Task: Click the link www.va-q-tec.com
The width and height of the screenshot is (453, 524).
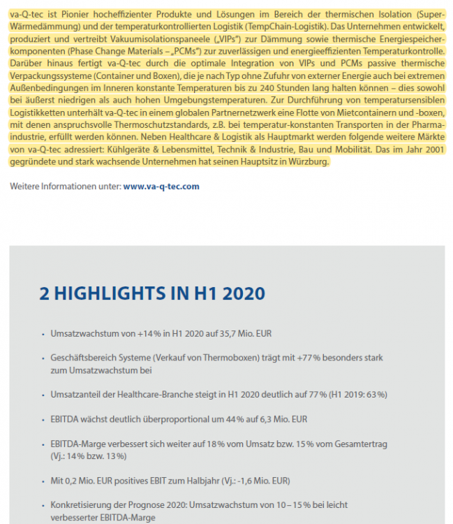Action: pyautogui.click(x=161, y=187)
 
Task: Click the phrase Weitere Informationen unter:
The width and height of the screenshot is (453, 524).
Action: pyautogui.click(x=66, y=187)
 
